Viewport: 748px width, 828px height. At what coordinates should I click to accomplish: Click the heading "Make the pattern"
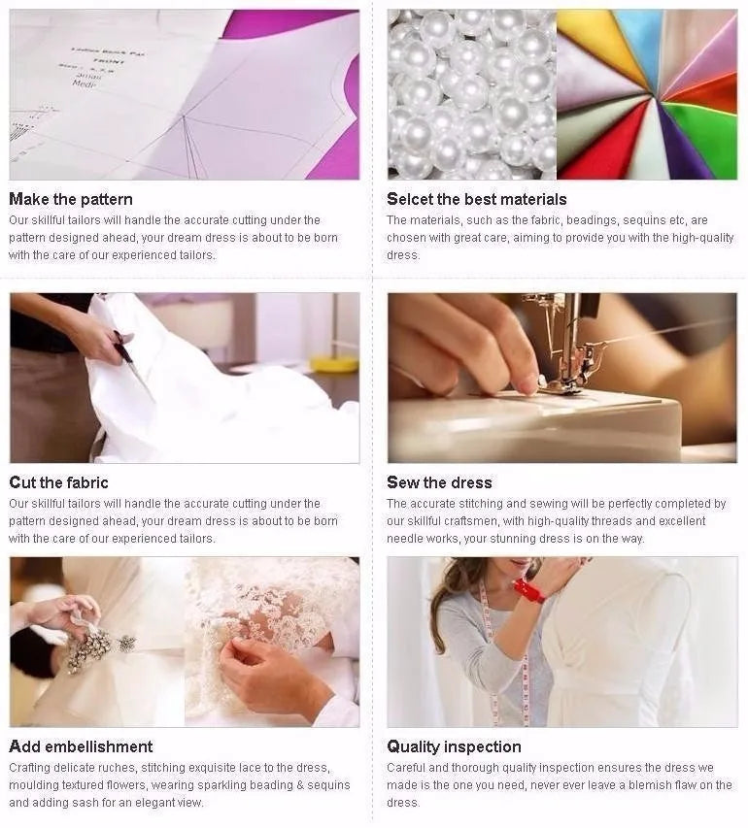coord(71,199)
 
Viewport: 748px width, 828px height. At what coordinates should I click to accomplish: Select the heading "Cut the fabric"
coord(58,482)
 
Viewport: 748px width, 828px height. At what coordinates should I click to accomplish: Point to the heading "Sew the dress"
coord(439,482)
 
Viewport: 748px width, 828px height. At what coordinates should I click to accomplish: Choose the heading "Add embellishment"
coord(81,746)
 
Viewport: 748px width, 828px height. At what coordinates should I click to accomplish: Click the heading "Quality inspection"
coord(454,746)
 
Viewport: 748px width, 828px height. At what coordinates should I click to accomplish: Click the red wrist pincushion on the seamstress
coord(528,591)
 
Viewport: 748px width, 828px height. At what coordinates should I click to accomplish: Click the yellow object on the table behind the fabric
coord(333,363)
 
